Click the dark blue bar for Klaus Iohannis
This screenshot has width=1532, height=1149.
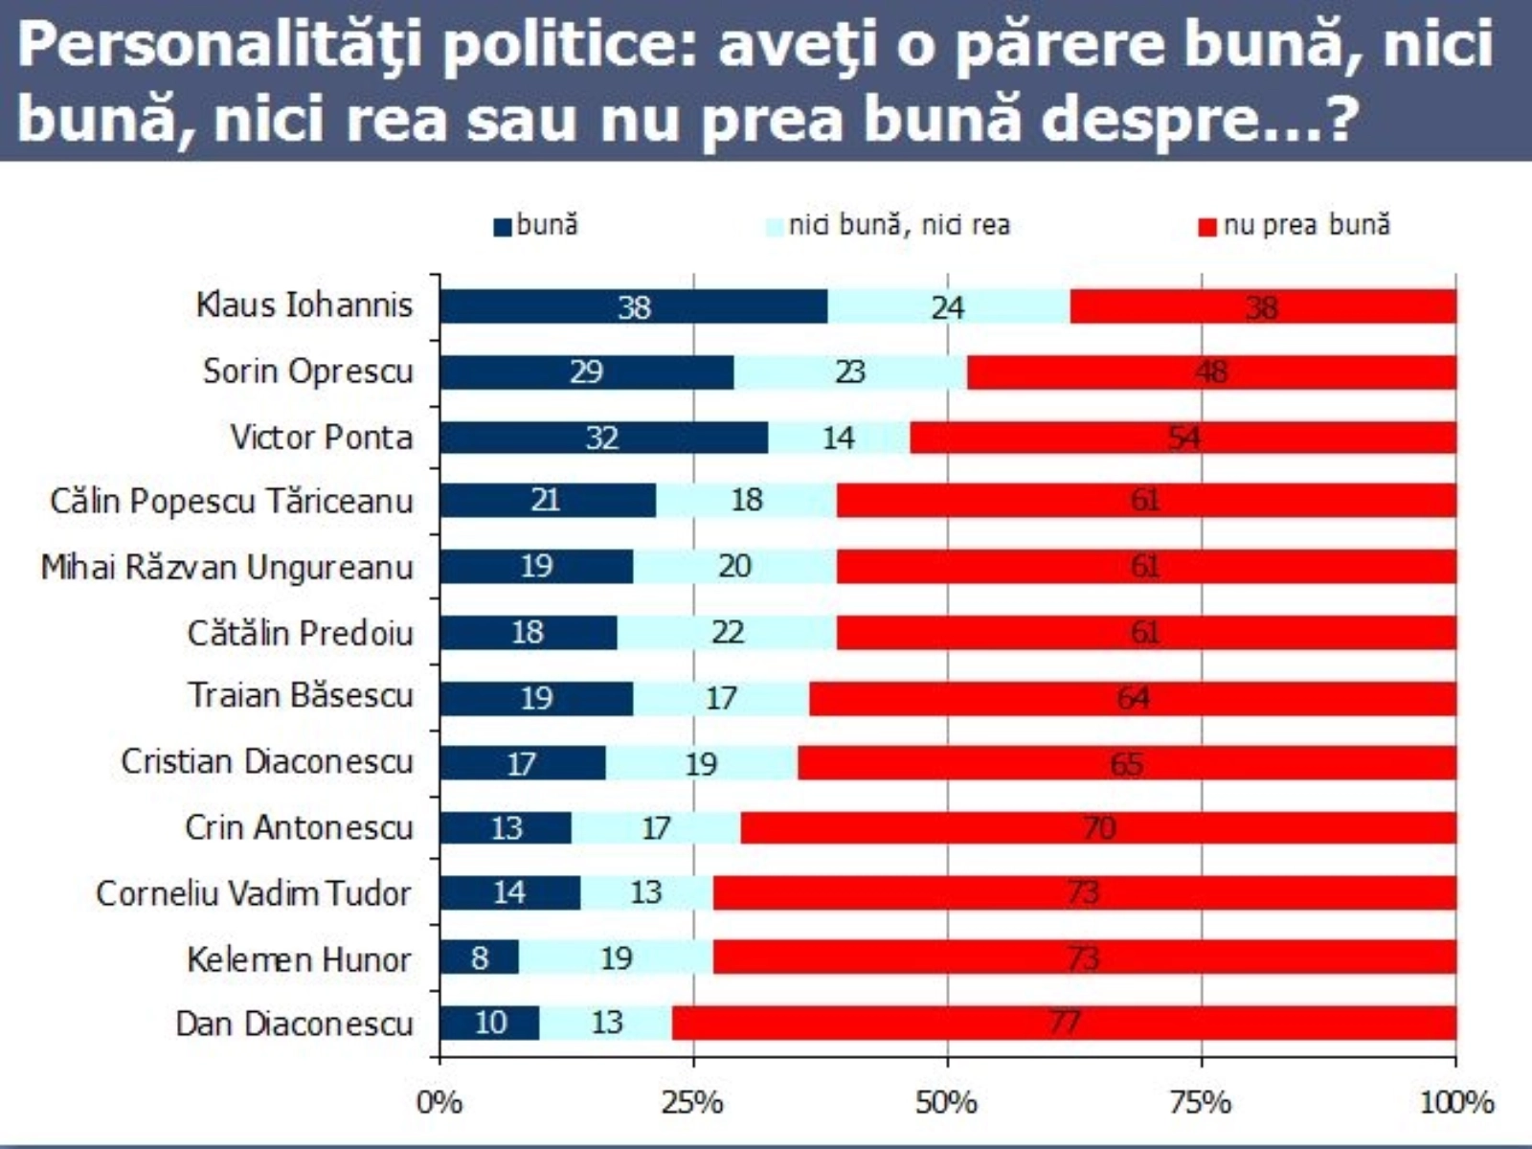[x=634, y=306]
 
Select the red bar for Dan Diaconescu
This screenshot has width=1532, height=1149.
[x=1064, y=1023]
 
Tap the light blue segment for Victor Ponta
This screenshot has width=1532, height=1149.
[x=839, y=438]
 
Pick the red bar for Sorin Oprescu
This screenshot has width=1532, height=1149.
[x=1211, y=372]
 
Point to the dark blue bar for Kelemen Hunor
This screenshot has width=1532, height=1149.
[x=480, y=957]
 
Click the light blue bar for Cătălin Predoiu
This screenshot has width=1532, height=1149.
[x=727, y=632]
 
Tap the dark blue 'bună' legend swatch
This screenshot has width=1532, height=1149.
[x=503, y=227]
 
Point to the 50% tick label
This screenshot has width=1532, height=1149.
[x=946, y=1103]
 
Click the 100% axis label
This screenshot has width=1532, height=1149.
[x=1455, y=1103]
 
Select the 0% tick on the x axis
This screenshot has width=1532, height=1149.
[x=439, y=1103]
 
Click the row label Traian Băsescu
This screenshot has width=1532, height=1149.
[x=300, y=695]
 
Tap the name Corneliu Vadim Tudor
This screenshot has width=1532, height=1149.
[x=253, y=893]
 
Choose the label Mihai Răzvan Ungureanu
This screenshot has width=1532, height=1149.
[x=226, y=567]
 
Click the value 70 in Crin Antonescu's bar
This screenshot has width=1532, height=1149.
[x=1098, y=827]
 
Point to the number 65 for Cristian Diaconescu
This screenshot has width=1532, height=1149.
[x=1126, y=763]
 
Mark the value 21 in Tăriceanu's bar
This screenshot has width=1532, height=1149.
[x=545, y=500]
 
